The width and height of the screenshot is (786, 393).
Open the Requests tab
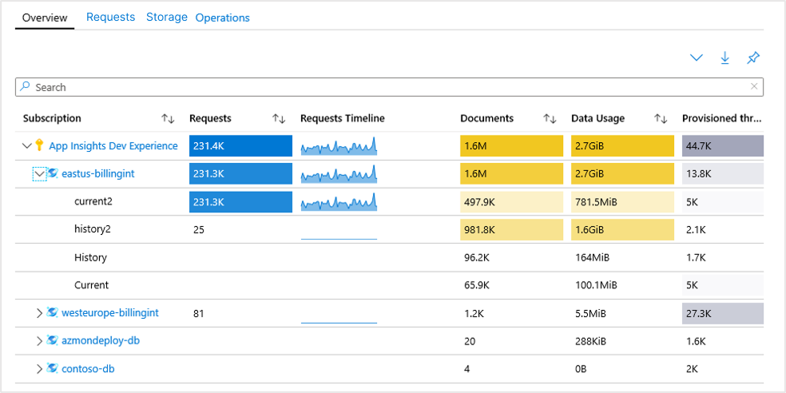(110, 17)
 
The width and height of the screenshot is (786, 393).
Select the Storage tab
(166, 17)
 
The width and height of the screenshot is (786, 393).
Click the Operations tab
(222, 18)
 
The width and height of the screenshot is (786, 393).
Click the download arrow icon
(724, 58)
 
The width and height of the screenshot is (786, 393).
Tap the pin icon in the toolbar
(752, 58)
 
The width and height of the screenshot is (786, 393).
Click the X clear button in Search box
(754, 86)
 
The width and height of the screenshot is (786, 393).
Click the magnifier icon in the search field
(26, 86)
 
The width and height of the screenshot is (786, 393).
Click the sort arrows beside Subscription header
(168, 118)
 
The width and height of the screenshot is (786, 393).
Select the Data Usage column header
(597, 118)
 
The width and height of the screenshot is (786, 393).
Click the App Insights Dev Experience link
(113, 145)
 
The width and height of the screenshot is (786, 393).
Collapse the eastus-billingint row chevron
(39, 173)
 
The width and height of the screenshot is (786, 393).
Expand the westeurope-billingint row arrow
(39, 313)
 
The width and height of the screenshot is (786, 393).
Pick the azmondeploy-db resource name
(101, 340)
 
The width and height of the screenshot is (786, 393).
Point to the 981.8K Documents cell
(511, 229)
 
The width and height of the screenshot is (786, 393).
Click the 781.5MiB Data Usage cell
(622, 201)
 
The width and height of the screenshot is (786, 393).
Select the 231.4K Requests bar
(240, 145)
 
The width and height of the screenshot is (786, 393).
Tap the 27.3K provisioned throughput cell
(722, 313)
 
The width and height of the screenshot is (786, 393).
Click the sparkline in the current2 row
(339, 202)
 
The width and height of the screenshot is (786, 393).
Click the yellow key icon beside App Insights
(39, 145)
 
